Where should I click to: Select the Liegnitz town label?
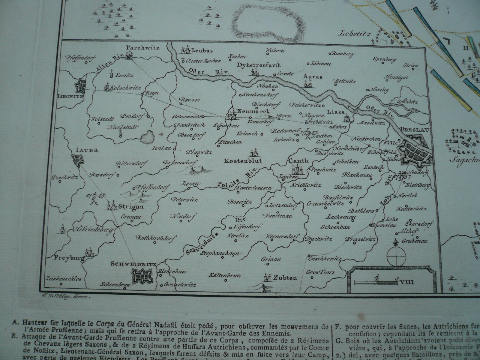(x=70, y=96)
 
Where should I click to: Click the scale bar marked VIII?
(x=379, y=280)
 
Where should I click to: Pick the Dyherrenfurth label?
(x=259, y=65)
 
